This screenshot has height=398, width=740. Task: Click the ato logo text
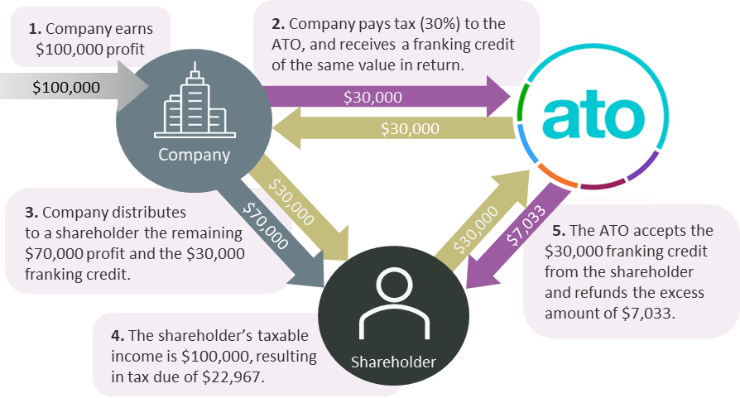coord(593,115)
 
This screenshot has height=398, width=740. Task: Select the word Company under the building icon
coord(194,155)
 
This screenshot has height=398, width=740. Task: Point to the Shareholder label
coord(393,362)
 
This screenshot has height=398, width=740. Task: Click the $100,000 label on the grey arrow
coord(66,87)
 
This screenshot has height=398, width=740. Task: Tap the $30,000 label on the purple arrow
coord(372,97)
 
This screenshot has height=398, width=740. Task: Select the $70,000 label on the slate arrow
coord(265,226)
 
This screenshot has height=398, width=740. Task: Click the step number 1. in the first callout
coord(35,29)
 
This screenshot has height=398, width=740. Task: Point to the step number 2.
coord(278,23)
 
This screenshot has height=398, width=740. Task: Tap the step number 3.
coord(31,212)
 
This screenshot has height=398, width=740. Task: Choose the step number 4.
coord(118,335)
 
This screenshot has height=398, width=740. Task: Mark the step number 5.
coord(559,231)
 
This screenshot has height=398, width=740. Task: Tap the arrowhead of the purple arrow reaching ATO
coord(499,97)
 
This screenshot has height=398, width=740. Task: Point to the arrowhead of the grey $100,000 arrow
coord(133,86)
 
